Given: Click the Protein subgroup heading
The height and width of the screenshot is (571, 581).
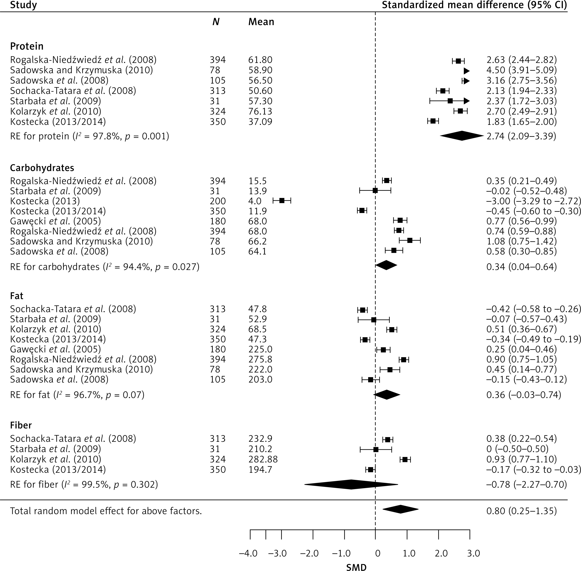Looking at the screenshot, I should pos(27,46).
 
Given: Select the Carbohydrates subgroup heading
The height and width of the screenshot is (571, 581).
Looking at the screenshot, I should pos(42,168).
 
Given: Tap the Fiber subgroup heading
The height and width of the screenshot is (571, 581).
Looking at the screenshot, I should pos(21,425).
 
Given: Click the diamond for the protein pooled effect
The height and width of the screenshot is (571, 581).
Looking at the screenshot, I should pos(462,136).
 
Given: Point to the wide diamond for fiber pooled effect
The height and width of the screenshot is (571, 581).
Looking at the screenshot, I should pos(351,484).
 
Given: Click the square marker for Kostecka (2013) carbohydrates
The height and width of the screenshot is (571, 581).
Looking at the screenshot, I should pos(282,201).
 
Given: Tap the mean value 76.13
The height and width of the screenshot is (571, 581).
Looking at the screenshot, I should pos(260,112).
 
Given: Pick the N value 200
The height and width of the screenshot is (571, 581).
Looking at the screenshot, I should pos(217,201).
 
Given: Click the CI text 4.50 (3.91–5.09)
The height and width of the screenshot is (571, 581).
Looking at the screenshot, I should pos(521,70).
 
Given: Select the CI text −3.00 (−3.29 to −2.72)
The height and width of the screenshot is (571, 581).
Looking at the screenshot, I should pos(534,201).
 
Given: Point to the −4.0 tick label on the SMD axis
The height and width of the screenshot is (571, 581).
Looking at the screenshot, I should pos(248,553).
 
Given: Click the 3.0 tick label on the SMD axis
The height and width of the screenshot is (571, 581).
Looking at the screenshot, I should pos(474,553).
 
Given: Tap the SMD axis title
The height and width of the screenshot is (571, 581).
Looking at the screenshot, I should pos(356,567).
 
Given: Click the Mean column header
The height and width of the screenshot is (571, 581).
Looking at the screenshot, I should pos(261,22).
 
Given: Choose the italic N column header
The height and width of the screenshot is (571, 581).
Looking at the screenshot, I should pos(216,22).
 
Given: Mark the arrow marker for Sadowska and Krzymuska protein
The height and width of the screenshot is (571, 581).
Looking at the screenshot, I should pos(466,71).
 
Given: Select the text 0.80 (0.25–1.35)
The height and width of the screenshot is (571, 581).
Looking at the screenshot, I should pos(521,511).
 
